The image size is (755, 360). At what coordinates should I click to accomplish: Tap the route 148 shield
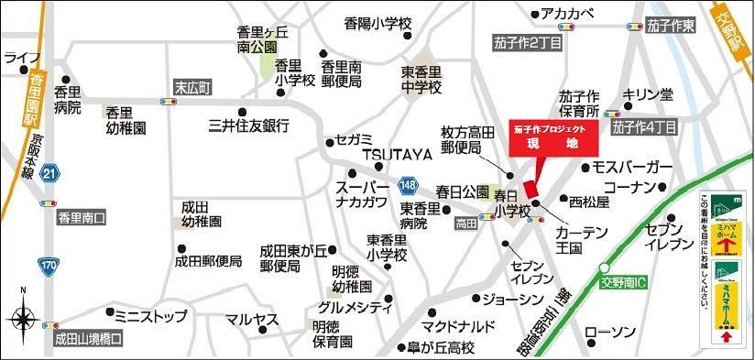pos(410,186)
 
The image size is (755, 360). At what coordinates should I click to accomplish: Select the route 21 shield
pos(49,173)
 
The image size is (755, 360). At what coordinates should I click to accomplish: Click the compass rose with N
pos(22,318)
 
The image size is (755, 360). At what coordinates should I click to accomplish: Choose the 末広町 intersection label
pos(192,87)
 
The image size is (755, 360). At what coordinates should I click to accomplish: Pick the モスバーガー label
pos(633,168)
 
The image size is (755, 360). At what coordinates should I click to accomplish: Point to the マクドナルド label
pos(458,326)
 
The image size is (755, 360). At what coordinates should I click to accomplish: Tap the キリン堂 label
pos(648,93)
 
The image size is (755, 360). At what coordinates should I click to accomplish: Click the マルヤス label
pos(252,320)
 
